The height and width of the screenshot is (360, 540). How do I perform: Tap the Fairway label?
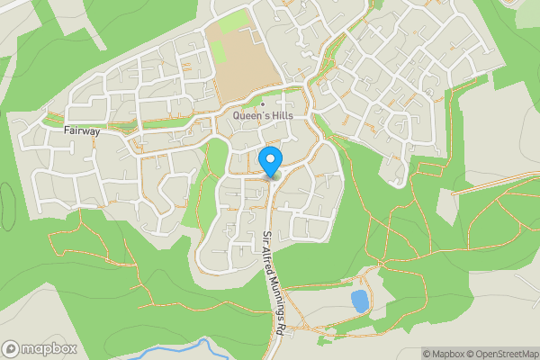pos(81,130)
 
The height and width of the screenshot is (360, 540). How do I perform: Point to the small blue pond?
pos(360,301)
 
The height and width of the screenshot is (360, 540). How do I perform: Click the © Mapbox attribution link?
pos(444,354)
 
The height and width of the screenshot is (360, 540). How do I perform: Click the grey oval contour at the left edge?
pos(5,207)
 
